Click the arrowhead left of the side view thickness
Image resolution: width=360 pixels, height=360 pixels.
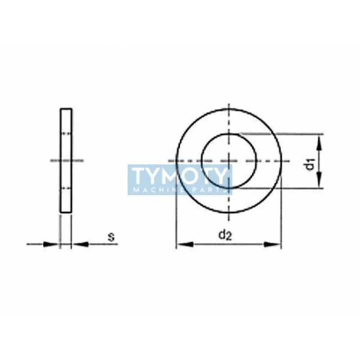tap(53, 244)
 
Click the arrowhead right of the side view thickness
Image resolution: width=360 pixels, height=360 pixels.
tap(78, 244)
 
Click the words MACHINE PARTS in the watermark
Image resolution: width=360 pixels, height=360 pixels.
tap(180, 191)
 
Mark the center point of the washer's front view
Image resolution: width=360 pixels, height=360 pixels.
tap(229, 161)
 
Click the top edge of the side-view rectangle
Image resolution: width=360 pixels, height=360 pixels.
tap(66, 108)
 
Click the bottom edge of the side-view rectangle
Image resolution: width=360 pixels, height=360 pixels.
tap(66, 212)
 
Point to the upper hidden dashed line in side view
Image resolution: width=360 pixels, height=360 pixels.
tap(66, 133)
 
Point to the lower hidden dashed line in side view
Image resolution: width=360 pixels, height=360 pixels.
tap(66, 188)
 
